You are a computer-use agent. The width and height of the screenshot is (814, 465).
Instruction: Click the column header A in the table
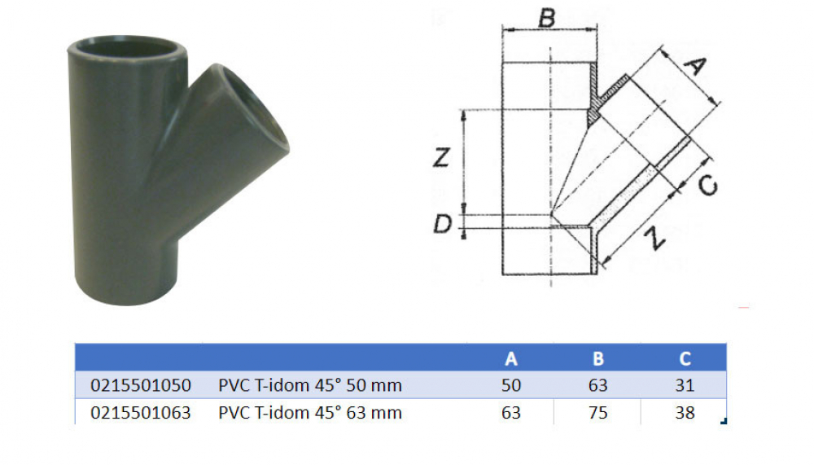tap(511, 358)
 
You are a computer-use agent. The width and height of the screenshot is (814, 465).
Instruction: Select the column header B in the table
tap(597, 358)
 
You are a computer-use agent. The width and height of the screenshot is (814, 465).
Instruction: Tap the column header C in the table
tap(685, 358)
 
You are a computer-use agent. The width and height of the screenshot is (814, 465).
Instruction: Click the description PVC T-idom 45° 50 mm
tap(310, 385)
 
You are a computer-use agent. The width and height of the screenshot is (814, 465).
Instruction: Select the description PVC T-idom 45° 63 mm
tap(310, 412)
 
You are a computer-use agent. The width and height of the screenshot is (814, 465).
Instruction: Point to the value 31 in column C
tap(685, 385)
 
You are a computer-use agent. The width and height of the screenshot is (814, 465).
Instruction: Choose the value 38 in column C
tap(685, 412)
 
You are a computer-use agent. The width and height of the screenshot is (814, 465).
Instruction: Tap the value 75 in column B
tap(597, 412)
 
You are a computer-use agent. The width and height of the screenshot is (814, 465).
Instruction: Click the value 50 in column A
tap(511, 385)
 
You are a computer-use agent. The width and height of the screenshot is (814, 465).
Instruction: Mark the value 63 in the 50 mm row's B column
tap(597, 385)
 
